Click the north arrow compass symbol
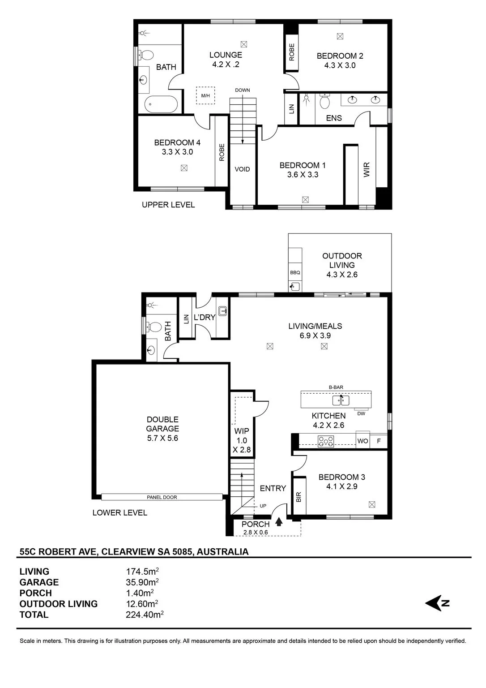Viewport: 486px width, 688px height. [437, 603]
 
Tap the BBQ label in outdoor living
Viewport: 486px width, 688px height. [295, 272]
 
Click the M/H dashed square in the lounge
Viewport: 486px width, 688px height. [205, 95]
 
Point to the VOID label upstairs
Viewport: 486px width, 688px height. [242, 169]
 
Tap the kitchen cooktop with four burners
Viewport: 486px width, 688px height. [325, 441]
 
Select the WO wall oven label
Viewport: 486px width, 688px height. [362, 441]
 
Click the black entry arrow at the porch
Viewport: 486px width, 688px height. [279, 522]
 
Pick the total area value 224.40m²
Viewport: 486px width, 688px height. [145, 615]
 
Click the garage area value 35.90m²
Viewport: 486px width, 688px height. [142, 582]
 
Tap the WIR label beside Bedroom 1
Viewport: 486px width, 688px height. [367, 170]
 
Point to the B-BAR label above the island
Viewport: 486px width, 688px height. [336, 387]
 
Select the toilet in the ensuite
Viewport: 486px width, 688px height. [324, 101]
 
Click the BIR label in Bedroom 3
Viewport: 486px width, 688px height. [298, 497]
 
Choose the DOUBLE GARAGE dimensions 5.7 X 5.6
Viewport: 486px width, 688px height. [162, 438]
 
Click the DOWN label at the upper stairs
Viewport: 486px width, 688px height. [243, 90]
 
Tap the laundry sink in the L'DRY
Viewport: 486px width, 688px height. [223, 311]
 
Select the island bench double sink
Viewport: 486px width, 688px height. [341, 400]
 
